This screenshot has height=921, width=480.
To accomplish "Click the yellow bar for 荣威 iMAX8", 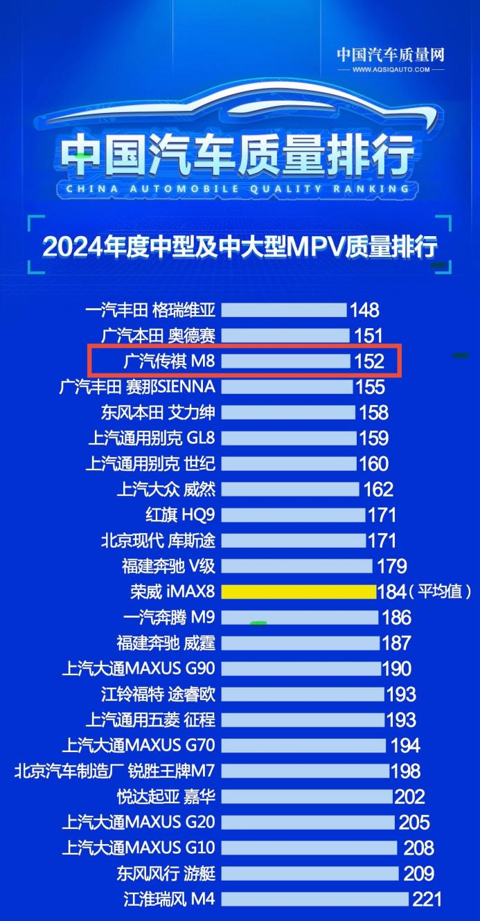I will pos(299,591).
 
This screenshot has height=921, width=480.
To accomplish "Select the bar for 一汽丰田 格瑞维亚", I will pos(284,310).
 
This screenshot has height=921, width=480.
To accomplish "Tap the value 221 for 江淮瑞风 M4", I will pos(427,900).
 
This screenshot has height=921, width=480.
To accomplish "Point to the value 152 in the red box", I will pos(368,361).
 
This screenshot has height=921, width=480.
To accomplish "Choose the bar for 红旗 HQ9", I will pos(293,515).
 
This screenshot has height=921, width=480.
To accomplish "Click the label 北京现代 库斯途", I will pos(159,540).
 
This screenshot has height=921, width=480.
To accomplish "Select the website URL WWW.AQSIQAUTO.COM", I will pos(391,69).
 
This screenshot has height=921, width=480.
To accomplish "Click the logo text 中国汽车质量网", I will pos(391,54).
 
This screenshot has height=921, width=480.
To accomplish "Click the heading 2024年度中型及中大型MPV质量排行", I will pos(240,246).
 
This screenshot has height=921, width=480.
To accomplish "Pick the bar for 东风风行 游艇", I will pos(310,873).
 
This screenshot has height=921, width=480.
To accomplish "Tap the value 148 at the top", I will pos(364,310).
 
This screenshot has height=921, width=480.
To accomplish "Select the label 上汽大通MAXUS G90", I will pos(139,668).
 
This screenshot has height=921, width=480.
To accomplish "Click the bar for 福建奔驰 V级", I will pos(296,566).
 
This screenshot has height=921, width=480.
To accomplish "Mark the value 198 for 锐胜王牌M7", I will pos(405,771).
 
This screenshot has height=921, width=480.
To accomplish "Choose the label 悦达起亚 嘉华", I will pos(166,796).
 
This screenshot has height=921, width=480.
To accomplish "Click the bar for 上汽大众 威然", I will pos(290,489).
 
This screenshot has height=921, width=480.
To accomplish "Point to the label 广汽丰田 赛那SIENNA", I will pos(138,386).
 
